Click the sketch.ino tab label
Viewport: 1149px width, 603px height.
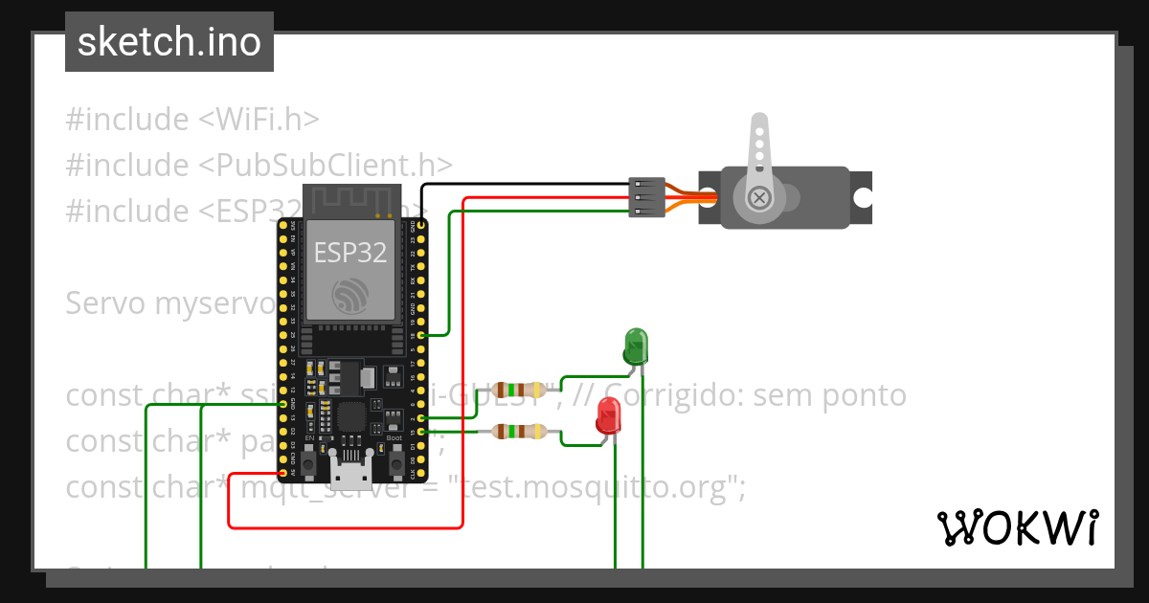point(169,42)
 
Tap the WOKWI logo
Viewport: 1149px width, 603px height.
point(1017,527)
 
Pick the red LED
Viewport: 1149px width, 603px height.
point(608,418)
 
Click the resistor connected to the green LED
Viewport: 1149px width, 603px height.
point(517,390)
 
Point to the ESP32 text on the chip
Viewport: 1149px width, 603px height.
point(350,253)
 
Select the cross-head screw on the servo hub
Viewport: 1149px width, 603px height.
point(760,197)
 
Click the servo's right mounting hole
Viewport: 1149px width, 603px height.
point(863,198)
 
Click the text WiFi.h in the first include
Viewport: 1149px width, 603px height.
point(270,120)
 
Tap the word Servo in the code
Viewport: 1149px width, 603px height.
point(106,303)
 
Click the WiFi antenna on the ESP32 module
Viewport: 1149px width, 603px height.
point(350,202)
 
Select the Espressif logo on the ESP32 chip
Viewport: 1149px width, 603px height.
point(350,295)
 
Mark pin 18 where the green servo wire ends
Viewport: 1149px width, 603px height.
point(420,335)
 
